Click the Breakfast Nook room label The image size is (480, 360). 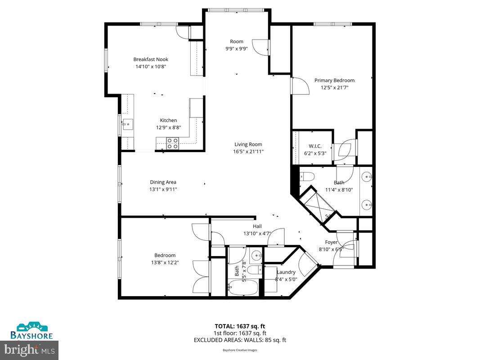click(150, 59)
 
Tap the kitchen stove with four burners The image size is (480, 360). click(172, 143)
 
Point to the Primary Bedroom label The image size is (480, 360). click(334, 81)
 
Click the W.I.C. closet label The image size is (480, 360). click(315, 146)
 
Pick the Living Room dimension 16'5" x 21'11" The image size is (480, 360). click(248, 152)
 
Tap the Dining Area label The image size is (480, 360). click(163, 182)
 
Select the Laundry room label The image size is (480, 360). click(286, 272)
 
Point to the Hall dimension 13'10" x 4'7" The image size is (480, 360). click(257, 234)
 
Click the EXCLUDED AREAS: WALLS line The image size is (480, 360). click(240, 340)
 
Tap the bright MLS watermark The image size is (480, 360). click(30, 349)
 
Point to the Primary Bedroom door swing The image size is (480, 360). click(300, 86)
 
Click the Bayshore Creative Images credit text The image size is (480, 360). click(240, 350)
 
